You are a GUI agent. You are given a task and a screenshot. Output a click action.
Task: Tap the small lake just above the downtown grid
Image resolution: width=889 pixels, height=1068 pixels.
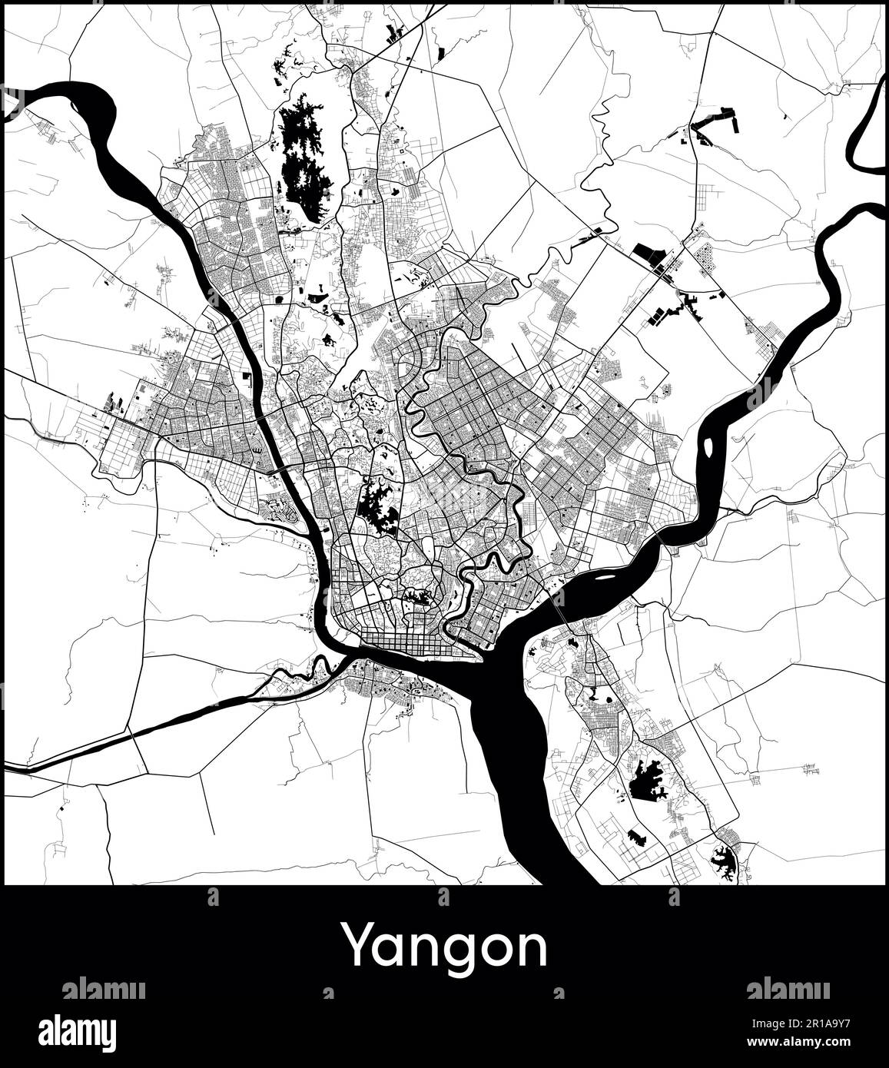tap(419, 596)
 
